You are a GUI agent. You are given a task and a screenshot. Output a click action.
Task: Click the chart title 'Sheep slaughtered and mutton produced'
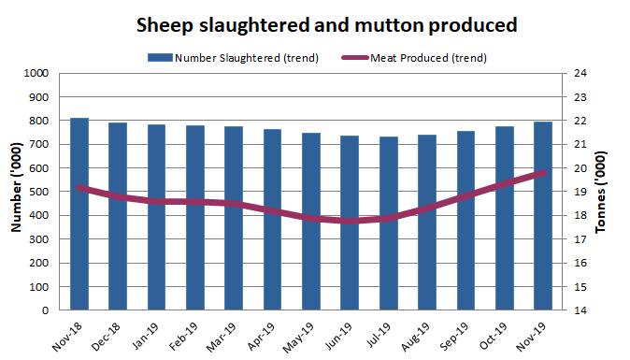(315, 22)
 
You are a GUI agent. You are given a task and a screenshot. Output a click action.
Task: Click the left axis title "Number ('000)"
(16, 192)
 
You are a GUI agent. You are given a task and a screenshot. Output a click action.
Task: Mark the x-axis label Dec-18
(107, 333)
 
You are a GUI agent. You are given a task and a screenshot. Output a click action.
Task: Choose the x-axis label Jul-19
(378, 333)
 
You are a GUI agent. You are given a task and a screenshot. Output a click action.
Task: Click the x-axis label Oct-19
(494, 333)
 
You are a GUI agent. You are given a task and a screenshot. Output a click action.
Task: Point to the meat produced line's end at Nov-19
(543, 173)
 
